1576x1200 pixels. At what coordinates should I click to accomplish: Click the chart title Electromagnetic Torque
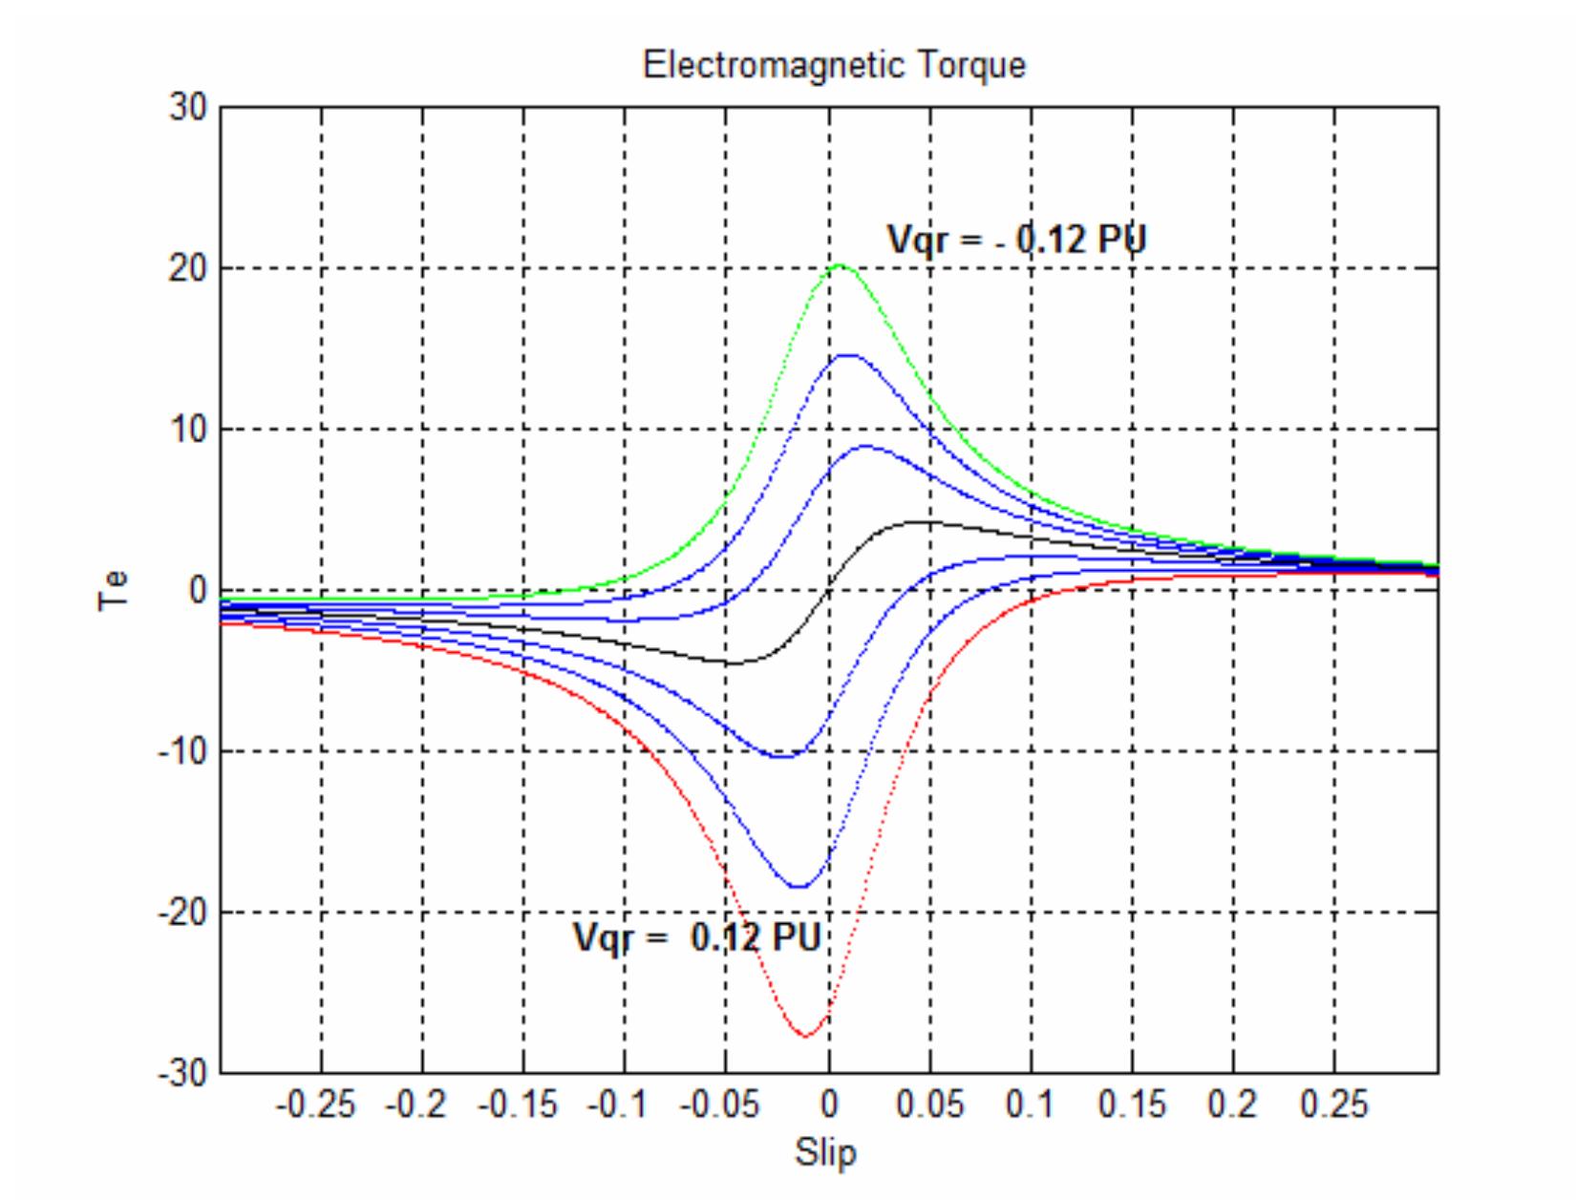click(x=834, y=66)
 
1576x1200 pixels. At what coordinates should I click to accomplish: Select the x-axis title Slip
click(x=826, y=1152)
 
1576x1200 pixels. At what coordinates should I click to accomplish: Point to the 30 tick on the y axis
click(x=188, y=108)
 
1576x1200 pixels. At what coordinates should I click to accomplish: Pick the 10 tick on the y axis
click(x=188, y=430)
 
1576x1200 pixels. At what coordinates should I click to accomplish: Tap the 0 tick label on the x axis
click(x=828, y=1106)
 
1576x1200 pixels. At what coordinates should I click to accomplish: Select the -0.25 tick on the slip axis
click(x=314, y=1106)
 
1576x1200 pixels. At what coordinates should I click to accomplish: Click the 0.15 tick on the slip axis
click(x=1132, y=1106)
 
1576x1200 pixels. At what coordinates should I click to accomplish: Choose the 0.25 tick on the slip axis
click(x=1334, y=1106)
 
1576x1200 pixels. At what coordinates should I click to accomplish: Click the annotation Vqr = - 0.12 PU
click(x=1016, y=240)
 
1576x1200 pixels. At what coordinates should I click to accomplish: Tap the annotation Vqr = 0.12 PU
click(x=696, y=937)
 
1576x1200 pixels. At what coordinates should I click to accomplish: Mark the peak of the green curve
click(x=839, y=265)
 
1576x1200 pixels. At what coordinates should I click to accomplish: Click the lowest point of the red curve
click(x=805, y=1036)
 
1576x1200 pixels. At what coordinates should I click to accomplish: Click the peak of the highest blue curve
click(x=848, y=354)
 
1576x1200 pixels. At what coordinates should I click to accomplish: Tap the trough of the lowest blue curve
click(x=799, y=887)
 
